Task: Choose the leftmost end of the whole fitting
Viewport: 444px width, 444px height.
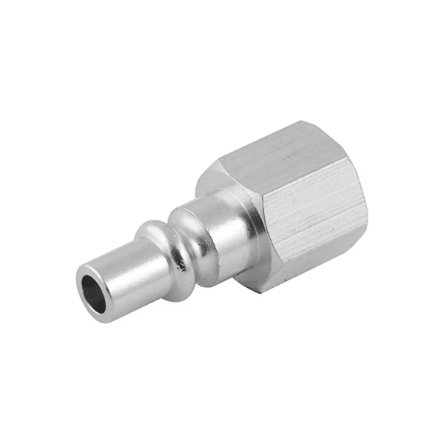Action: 76,285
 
